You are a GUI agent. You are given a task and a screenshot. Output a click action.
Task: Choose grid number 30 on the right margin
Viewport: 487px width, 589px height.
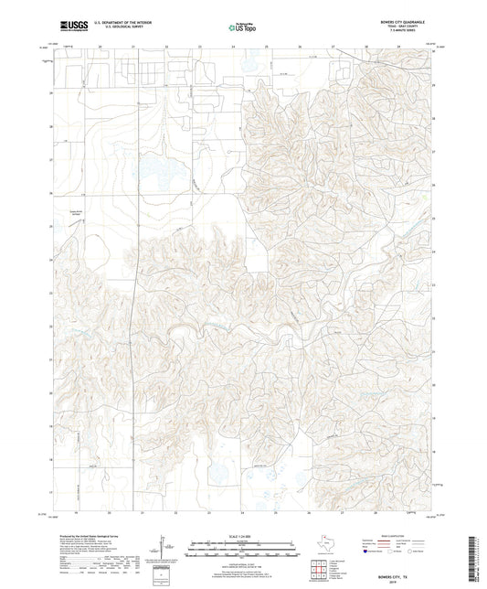434,51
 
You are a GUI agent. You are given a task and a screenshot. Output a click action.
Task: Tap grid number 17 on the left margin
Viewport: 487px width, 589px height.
51,491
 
